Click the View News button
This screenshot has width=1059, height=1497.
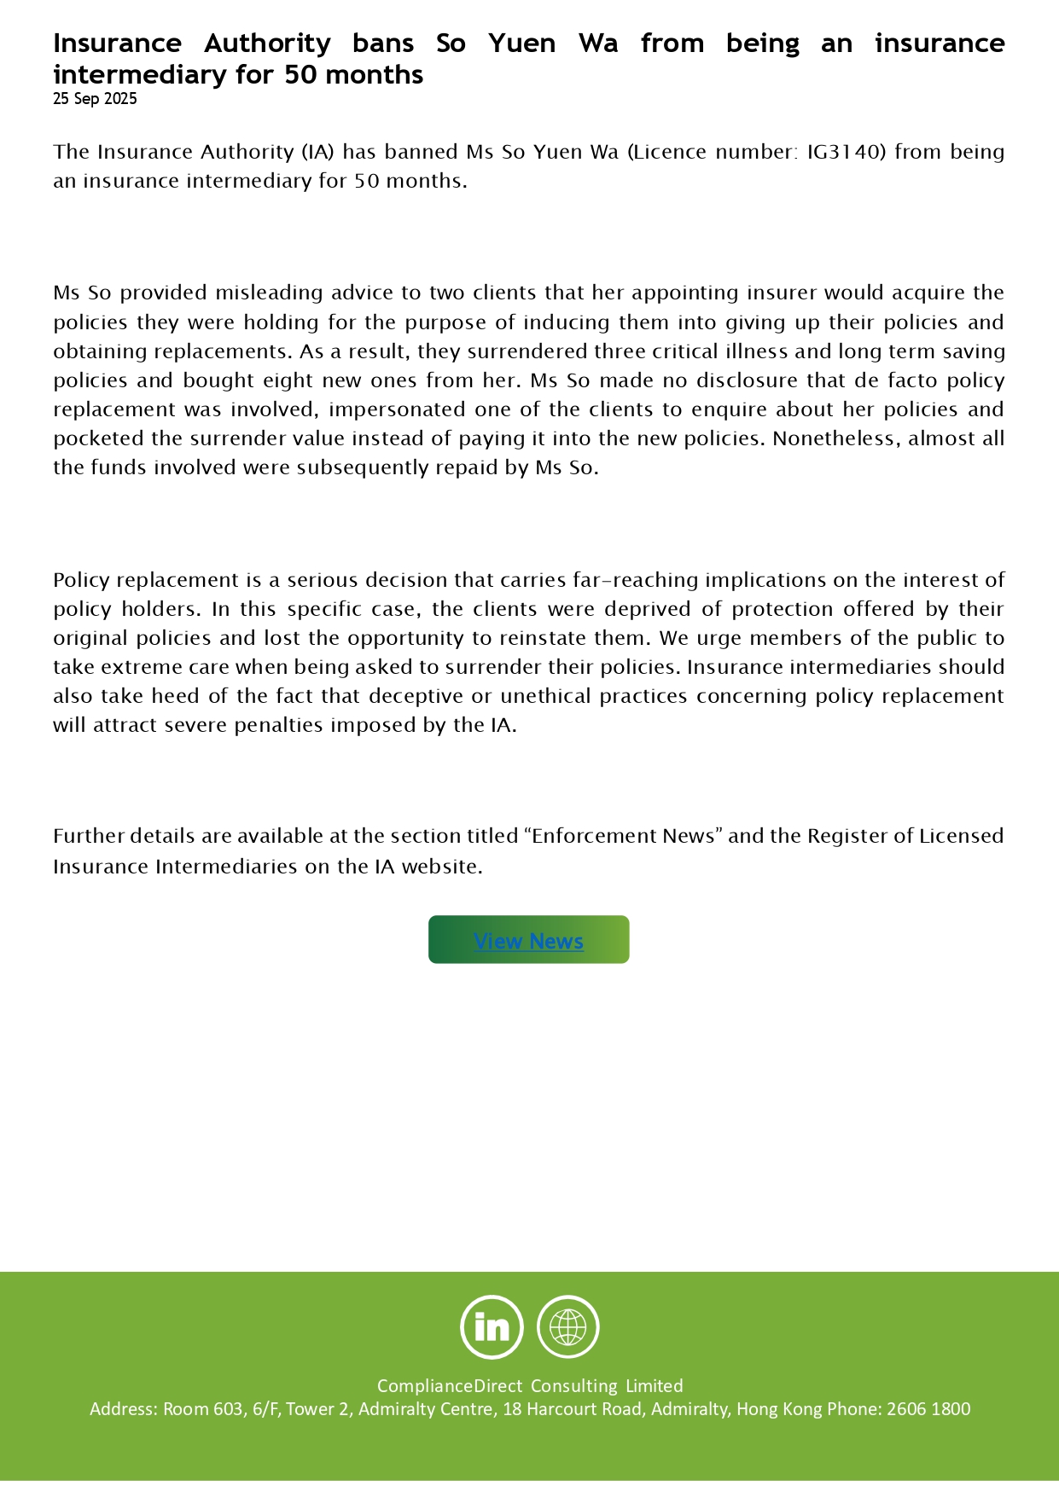(528, 940)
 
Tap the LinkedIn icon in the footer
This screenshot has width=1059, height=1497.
(492, 1326)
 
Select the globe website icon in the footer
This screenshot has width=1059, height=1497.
(567, 1326)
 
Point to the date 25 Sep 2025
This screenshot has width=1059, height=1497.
(95, 99)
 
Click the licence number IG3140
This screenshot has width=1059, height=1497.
(841, 152)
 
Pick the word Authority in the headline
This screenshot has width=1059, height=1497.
(267, 44)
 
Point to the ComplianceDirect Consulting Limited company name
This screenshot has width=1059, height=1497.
(530, 1386)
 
